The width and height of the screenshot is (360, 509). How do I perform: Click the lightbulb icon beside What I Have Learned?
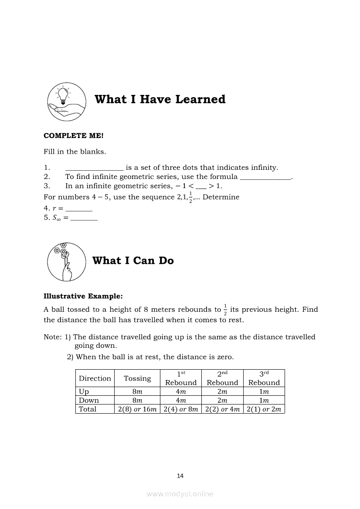(x=67, y=102)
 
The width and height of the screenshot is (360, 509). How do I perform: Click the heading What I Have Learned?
(x=160, y=99)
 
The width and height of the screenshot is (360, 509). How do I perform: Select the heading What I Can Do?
(x=133, y=260)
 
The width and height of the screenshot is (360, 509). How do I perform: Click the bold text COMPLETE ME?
(x=74, y=135)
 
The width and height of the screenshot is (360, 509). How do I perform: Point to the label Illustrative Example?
(x=83, y=296)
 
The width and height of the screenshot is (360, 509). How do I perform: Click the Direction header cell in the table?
(x=95, y=378)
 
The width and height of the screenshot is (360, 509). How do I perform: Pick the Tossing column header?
(x=137, y=378)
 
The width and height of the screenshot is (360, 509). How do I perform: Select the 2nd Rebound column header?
(x=222, y=378)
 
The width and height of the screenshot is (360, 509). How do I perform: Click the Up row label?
(x=84, y=391)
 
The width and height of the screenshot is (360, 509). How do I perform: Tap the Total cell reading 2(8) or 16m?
(x=137, y=409)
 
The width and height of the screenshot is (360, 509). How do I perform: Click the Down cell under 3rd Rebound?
(x=264, y=400)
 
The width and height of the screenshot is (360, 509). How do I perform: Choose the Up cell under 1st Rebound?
(x=180, y=391)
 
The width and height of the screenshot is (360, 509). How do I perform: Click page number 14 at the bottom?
(x=180, y=476)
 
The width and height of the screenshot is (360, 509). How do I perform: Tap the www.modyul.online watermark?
(x=180, y=494)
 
